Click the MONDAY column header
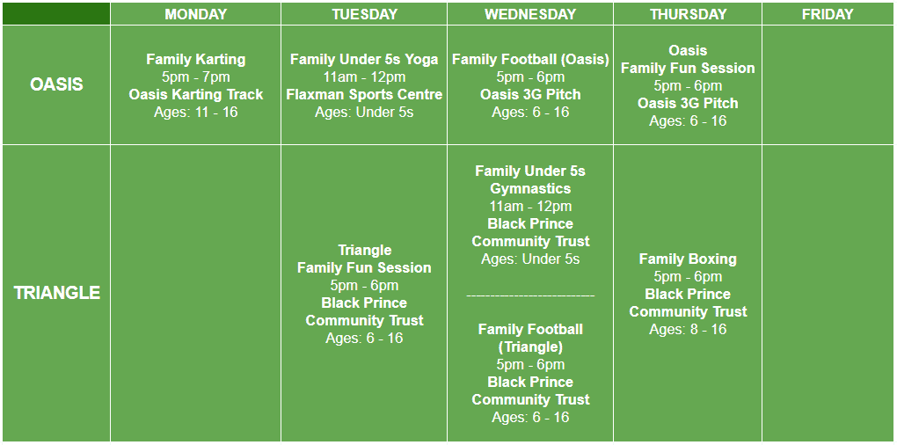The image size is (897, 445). click(195, 14)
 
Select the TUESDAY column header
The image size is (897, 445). click(364, 14)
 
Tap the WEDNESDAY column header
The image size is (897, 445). click(530, 14)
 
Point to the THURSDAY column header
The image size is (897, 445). click(689, 14)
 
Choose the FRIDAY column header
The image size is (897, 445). click(828, 14)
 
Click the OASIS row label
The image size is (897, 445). click(56, 84)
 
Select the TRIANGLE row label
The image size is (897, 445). click(56, 293)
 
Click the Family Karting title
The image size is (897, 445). click(195, 59)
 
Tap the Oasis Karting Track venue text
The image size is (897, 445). click(195, 94)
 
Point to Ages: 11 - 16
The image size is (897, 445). click(195, 112)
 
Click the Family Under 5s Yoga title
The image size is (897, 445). click(364, 59)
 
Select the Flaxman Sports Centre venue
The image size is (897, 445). click(364, 94)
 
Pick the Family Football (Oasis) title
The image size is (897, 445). click(530, 59)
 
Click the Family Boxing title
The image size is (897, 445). click(689, 259)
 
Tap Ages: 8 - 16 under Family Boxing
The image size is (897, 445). click(689, 330)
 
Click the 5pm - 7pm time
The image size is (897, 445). click(195, 77)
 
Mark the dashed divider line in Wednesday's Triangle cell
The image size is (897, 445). click(530, 296)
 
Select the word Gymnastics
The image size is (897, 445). click(530, 189)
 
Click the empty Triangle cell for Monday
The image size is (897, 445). click(195, 293)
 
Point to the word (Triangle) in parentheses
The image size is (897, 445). click(530, 347)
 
